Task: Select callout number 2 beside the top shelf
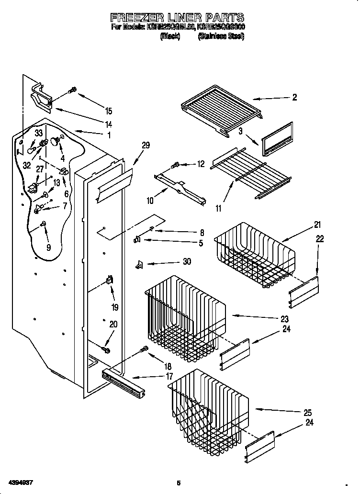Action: pos(294,97)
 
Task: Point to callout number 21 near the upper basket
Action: pos(318,225)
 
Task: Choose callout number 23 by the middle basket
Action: pos(285,319)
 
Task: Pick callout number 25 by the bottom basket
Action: pos(307,413)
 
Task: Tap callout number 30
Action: pos(187,261)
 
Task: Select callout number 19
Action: pos(115,307)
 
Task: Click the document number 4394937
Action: pos(21,482)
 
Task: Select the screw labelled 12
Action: pos(175,166)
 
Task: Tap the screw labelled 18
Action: pos(143,350)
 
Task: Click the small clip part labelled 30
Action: pos(140,264)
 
